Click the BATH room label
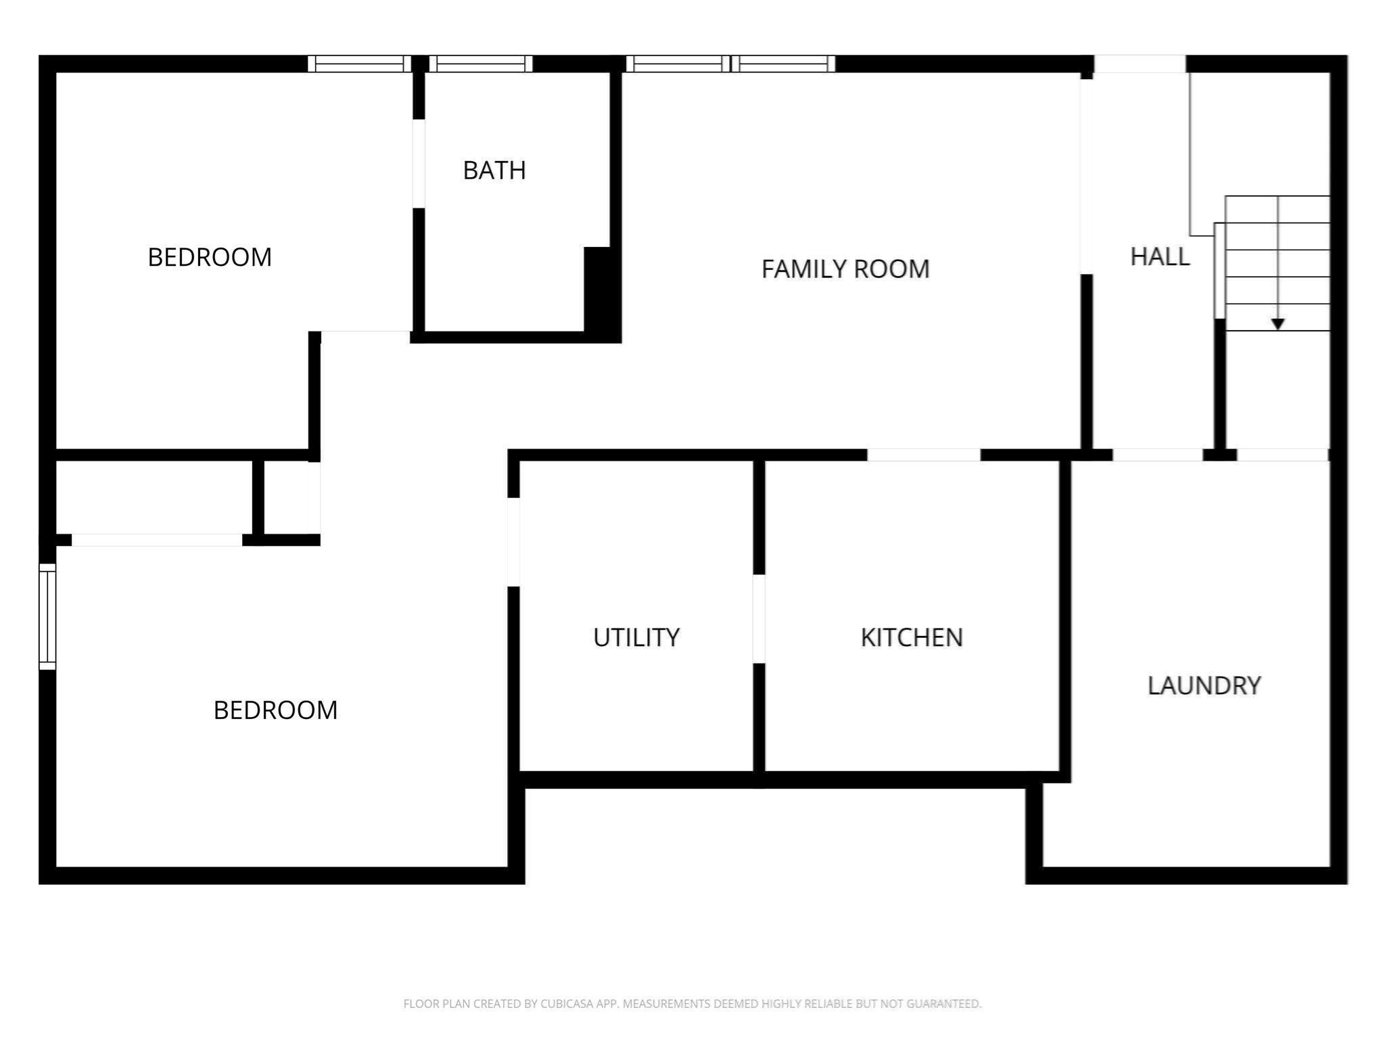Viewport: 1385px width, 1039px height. coord(494,170)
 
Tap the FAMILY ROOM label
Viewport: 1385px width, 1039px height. coord(845,269)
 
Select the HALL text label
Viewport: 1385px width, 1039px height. coord(1160,257)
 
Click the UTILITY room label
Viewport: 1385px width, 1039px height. coord(636,637)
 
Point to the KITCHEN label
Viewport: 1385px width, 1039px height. coord(912,637)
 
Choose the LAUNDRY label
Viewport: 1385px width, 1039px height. coord(1204,686)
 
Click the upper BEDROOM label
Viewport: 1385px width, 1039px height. coord(210,258)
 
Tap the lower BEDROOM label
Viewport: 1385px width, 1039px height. coord(275,710)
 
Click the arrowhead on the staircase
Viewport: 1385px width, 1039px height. coord(1277,324)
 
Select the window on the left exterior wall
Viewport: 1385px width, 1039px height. coord(47,616)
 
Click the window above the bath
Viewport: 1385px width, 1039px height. coord(481,64)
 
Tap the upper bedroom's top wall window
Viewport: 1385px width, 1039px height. coord(359,64)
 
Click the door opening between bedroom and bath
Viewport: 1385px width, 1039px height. coord(419,164)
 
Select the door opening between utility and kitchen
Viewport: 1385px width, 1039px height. coord(759,618)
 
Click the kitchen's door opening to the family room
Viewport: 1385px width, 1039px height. coord(923,455)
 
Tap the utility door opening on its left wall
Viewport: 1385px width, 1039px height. coord(513,542)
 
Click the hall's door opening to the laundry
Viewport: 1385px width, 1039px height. coord(1157,455)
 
